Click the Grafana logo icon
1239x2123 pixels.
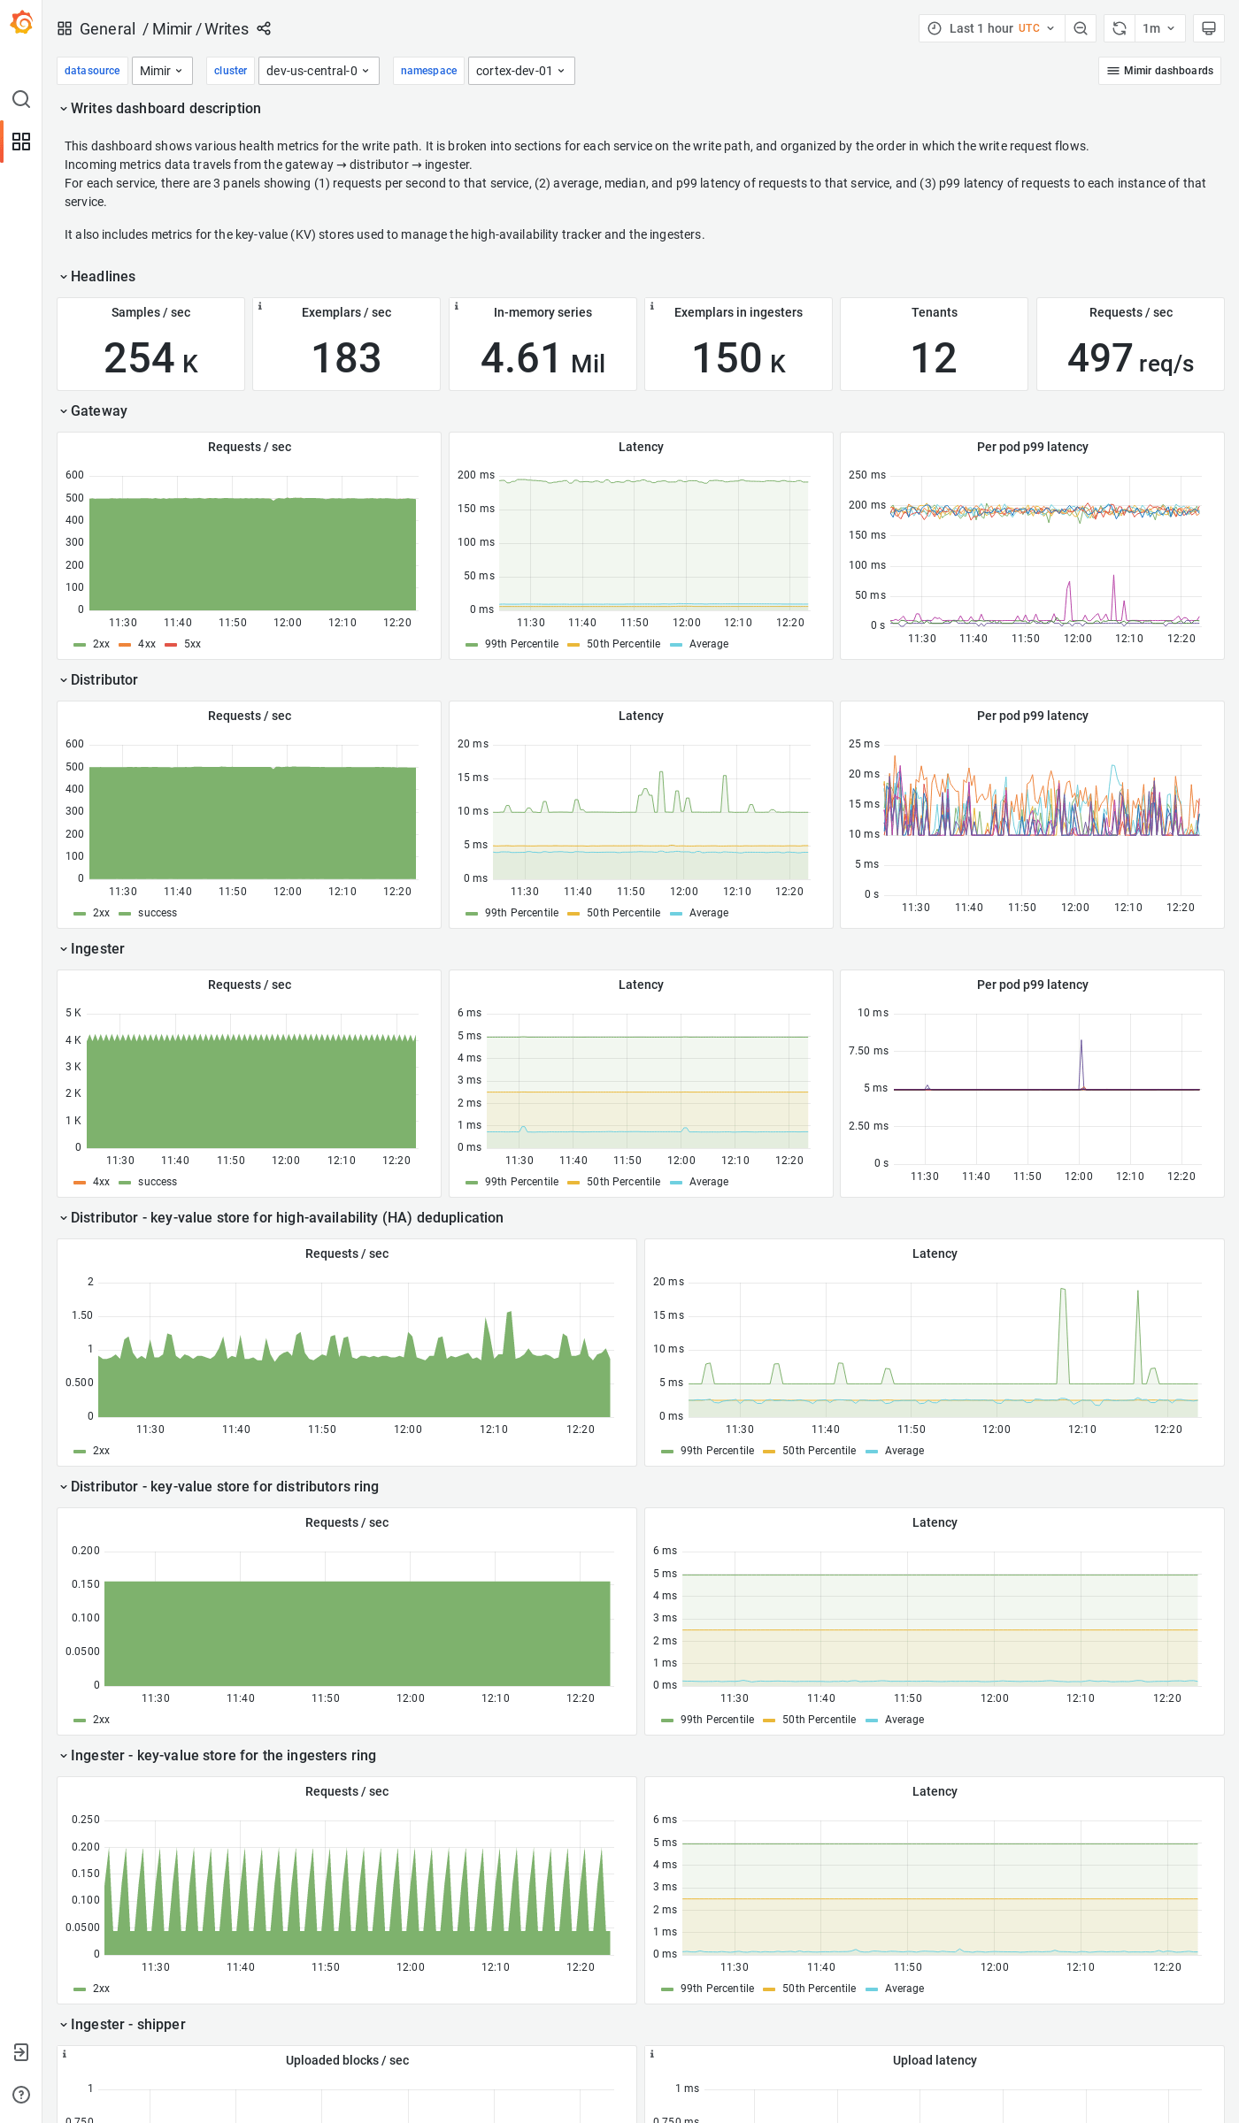(x=21, y=23)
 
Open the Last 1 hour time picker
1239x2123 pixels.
(x=991, y=28)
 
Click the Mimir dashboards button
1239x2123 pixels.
(x=1159, y=71)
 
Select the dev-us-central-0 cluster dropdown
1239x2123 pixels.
(x=318, y=71)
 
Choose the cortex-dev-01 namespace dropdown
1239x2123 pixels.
(x=520, y=71)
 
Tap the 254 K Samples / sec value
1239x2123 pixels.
(x=150, y=358)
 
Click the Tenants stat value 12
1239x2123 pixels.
(x=934, y=358)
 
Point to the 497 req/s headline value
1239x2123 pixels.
(x=1130, y=358)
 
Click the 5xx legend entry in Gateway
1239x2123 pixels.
(x=191, y=644)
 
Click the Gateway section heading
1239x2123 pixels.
(x=98, y=411)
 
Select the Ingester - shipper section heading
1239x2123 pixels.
(x=127, y=2025)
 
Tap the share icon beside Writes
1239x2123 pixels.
(x=264, y=28)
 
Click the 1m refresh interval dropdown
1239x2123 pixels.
(x=1158, y=28)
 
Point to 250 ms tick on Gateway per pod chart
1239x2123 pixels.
(x=866, y=475)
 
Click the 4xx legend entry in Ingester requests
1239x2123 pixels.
(x=100, y=1182)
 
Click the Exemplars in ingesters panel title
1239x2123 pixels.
(x=738, y=312)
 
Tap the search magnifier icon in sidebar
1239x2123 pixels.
(x=21, y=99)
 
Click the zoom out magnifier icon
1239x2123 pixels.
(x=1081, y=28)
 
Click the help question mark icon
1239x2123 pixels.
(x=21, y=2095)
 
